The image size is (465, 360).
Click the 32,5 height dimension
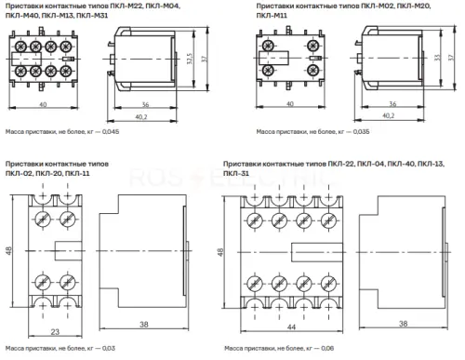[x=190, y=59]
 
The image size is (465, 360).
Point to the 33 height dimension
[x=437, y=58]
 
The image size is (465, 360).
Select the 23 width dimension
[x=55, y=331]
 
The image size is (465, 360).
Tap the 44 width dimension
[x=291, y=327]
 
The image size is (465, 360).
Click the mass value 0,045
[x=111, y=132]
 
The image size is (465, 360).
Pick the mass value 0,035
[x=361, y=132]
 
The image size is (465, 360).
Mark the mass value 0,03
[x=109, y=348]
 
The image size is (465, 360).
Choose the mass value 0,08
[x=327, y=348]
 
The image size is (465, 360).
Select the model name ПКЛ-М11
[x=272, y=15]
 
